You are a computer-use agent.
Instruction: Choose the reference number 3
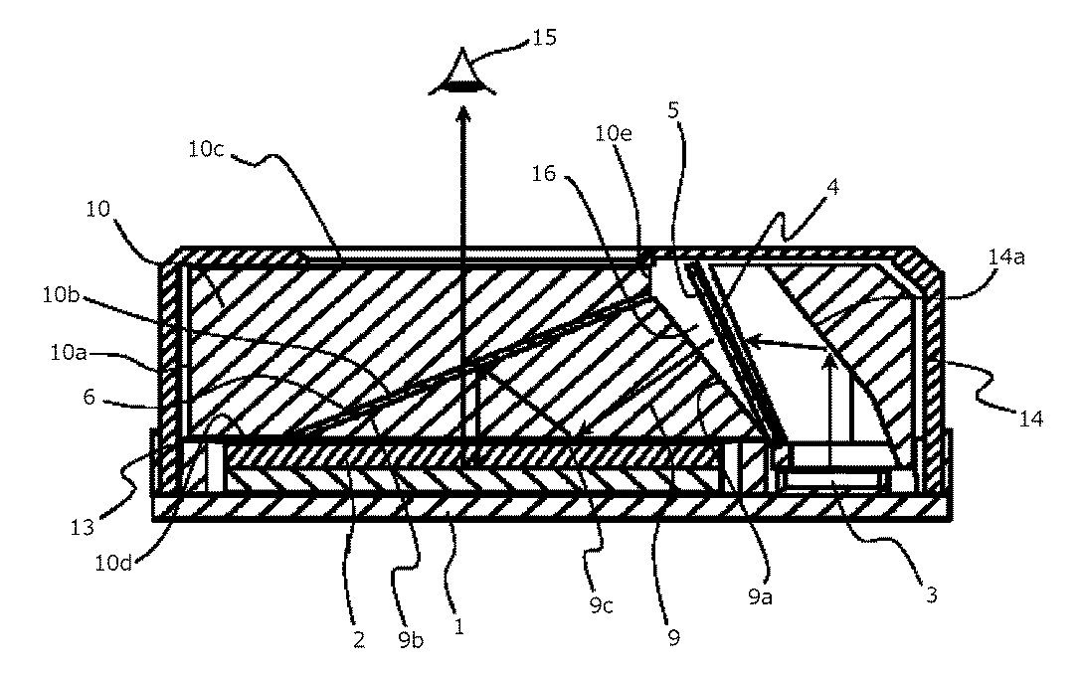tap(932, 595)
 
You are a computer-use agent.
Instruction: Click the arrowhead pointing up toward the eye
tap(461, 116)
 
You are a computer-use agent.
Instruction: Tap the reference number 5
tap(675, 111)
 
